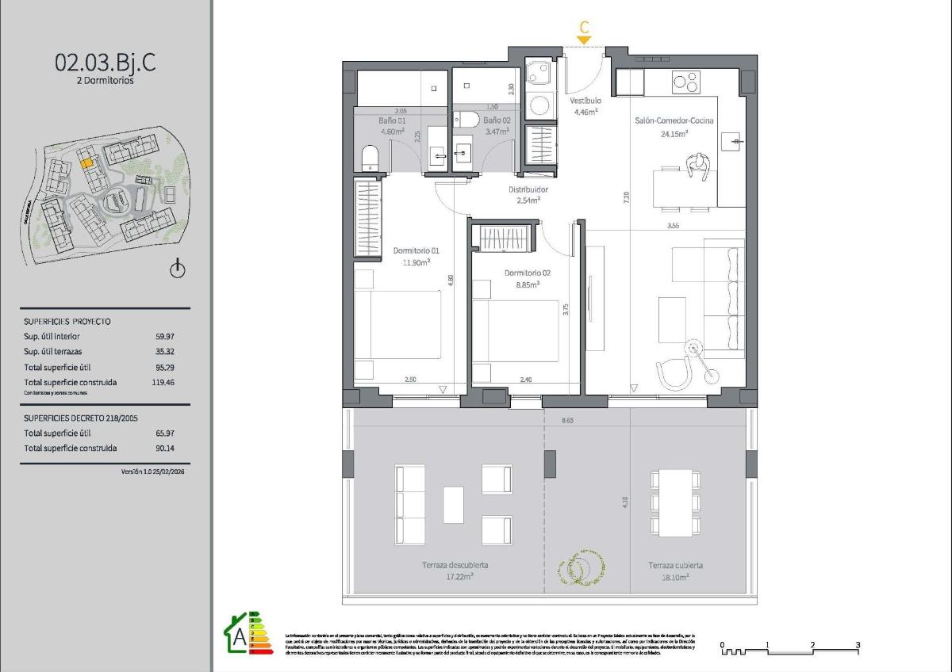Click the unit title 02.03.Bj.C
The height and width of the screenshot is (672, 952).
click(105, 63)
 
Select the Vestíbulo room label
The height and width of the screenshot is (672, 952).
click(585, 101)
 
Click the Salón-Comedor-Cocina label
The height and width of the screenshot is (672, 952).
click(674, 121)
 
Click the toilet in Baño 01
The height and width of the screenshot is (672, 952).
click(370, 158)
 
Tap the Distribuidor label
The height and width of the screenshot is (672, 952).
click(528, 190)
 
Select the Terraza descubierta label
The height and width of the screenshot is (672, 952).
click(455, 566)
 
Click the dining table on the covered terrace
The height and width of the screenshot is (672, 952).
click(675, 503)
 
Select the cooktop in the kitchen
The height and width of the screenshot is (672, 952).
click(686, 82)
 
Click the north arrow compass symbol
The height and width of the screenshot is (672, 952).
click(178, 270)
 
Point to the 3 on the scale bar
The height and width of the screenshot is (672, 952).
click(858, 645)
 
